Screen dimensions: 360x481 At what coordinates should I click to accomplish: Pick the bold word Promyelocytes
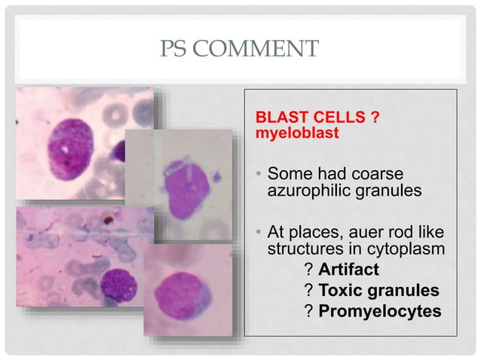point(379,310)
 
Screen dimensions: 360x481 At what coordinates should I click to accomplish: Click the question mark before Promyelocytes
point(308,310)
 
